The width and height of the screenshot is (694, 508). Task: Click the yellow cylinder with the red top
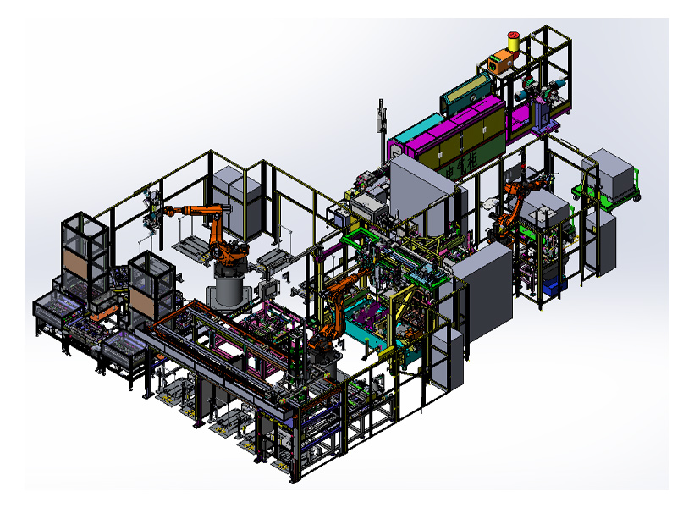[513, 41]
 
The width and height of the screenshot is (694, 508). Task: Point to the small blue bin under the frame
[552, 289]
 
